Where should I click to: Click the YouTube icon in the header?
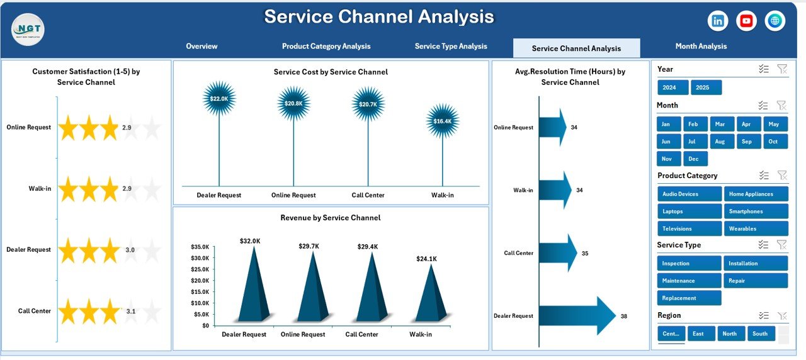click(746, 21)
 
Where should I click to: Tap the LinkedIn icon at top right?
click(718, 21)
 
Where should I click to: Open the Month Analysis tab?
click(701, 46)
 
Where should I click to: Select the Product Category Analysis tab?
click(326, 46)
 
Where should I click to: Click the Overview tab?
click(201, 46)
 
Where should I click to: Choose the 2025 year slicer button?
click(706, 87)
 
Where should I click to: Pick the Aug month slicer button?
click(720, 142)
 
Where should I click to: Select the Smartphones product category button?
click(756, 211)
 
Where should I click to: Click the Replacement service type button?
click(689, 298)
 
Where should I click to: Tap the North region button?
click(730, 334)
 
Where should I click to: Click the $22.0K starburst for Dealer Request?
click(219, 99)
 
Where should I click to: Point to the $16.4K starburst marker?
click(443, 121)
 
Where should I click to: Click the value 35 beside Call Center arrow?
click(585, 254)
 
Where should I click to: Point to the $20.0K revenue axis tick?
click(200, 281)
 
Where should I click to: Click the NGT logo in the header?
click(28, 29)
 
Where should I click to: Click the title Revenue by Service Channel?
click(331, 218)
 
